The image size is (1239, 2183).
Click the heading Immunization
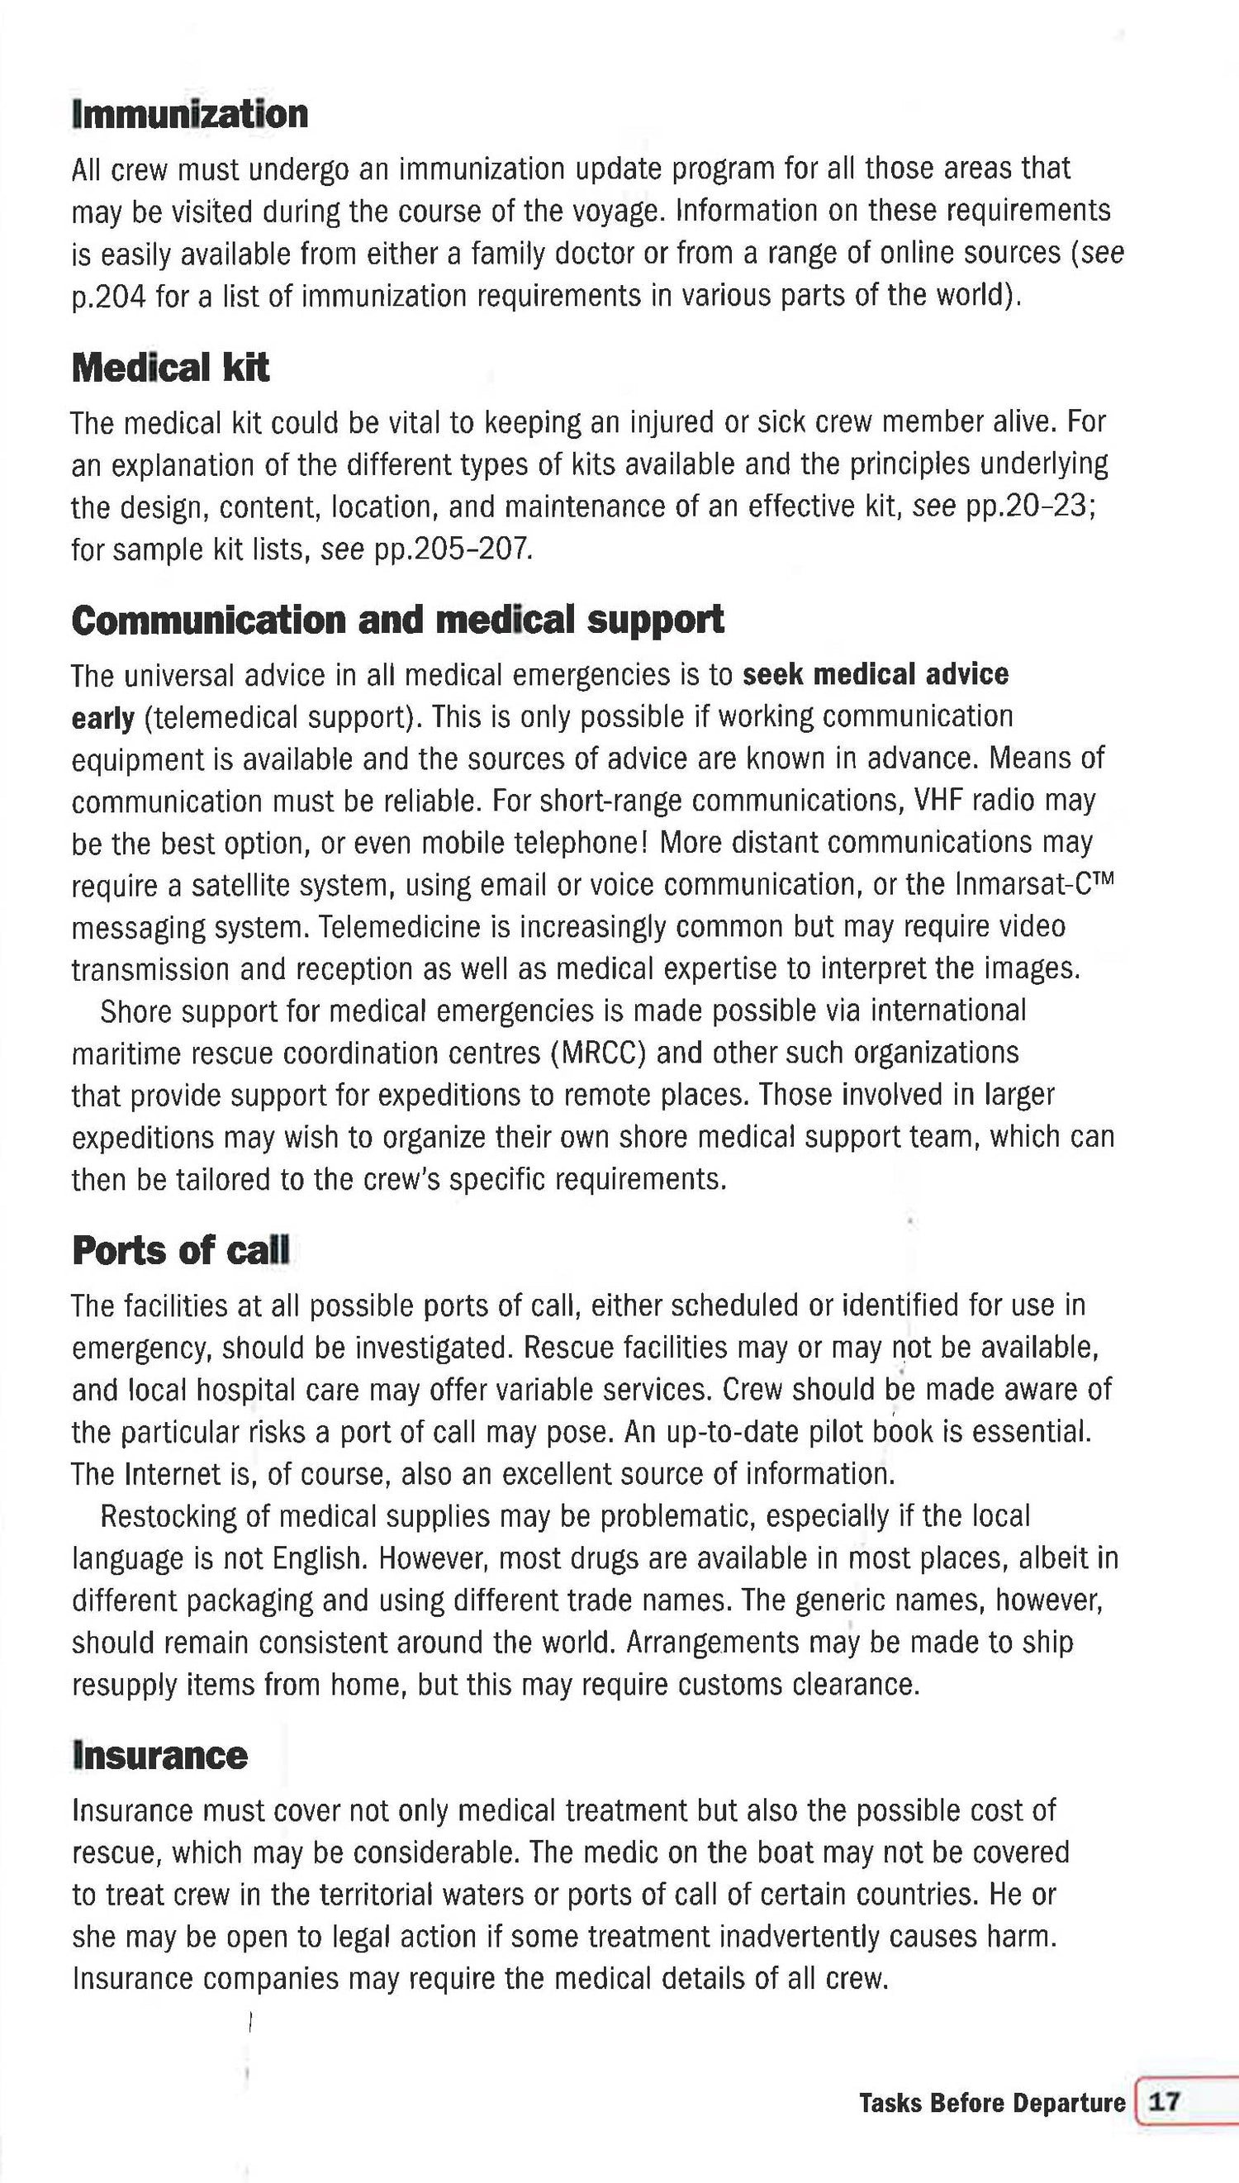click(190, 115)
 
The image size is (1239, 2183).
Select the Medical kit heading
click(170, 368)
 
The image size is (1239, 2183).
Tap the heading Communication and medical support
click(397, 620)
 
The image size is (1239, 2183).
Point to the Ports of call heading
click(180, 1250)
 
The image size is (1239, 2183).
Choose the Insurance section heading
click(160, 1755)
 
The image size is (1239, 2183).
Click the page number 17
click(1164, 2102)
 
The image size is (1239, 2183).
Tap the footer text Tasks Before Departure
click(992, 2103)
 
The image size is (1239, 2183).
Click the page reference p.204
click(109, 296)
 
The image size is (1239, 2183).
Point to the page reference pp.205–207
click(453, 549)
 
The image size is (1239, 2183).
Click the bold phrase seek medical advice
click(875, 674)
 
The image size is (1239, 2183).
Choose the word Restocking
click(169, 1515)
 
